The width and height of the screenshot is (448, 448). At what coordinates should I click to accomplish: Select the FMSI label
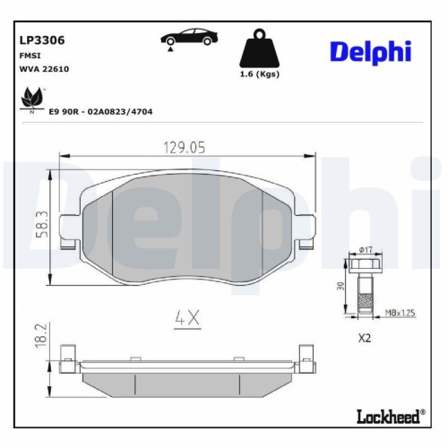click(x=30, y=55)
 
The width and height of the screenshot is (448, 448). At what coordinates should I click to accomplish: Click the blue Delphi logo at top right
click(x=370, y=51)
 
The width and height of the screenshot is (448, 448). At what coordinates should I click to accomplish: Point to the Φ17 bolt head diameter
click(x=365, y=249)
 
